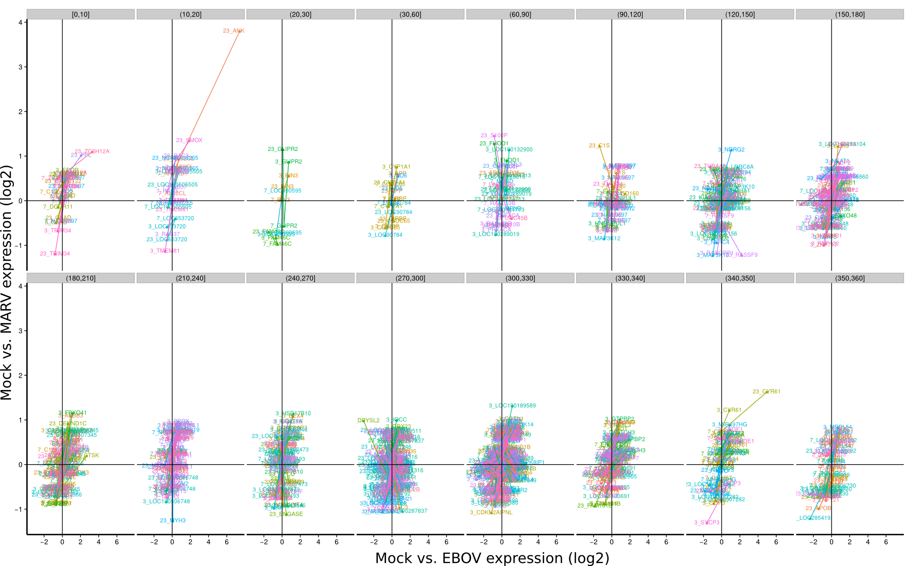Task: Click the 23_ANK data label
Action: [x=233, y=31]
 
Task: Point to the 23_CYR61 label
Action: [x=766, y=392]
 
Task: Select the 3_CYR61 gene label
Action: [x=729, y=410]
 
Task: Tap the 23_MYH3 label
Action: [x=173, y=520]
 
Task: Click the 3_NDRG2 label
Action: [x=731, y=150]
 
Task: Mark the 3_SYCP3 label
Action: [x=707, y=523]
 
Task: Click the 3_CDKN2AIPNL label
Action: [x=491, y=512]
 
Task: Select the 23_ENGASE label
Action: [x=286, y=514]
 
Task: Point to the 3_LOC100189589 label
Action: [x=512, y=406]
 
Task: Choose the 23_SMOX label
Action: [x=189, y=140]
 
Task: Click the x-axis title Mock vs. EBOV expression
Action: [x=492, y=558]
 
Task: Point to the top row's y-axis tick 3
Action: [x=20, y=67]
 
